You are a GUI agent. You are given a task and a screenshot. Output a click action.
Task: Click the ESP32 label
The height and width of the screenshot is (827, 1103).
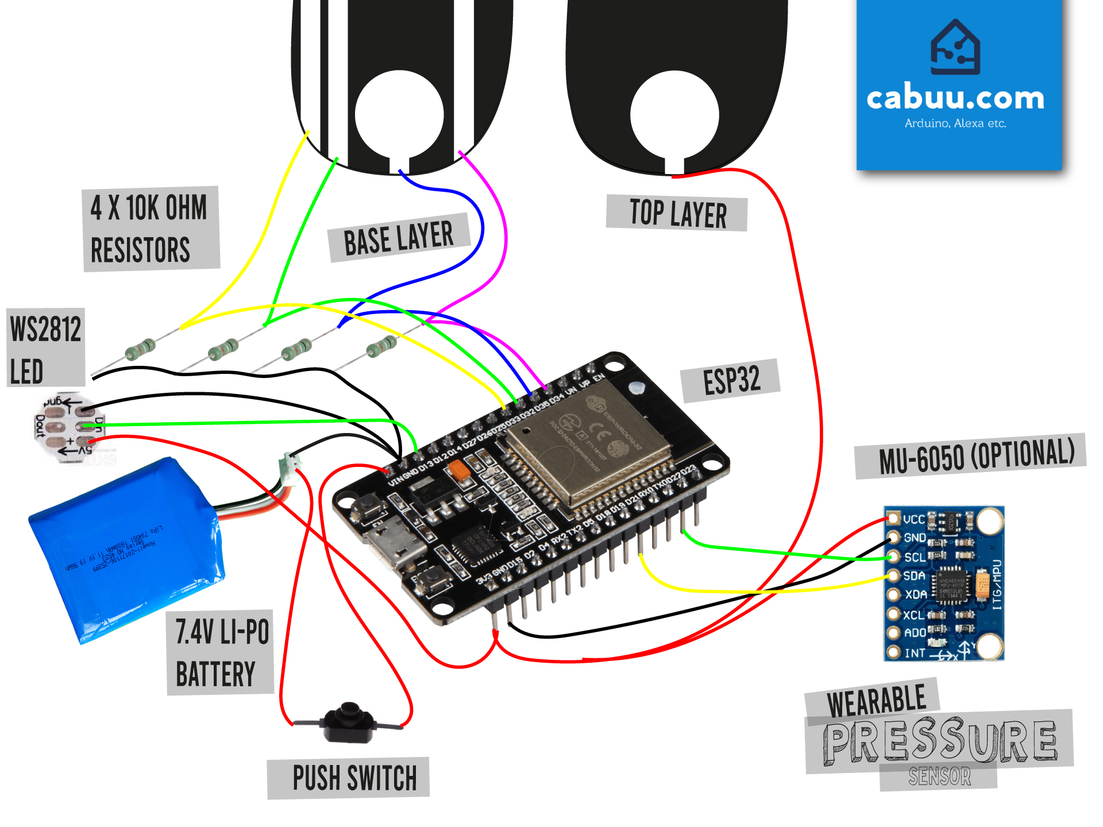point(731,380)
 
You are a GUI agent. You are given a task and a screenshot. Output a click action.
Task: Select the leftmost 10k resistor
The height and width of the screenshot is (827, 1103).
point(140,349)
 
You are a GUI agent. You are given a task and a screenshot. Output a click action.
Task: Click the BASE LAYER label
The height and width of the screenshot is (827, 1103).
point(399,238)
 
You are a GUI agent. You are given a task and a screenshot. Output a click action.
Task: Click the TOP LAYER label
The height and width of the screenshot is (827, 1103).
point(677,213)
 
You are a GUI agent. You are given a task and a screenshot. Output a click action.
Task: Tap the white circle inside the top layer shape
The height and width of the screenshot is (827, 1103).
point(674,115)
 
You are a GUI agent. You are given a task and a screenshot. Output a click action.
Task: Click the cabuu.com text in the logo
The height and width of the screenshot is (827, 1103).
point(955,98)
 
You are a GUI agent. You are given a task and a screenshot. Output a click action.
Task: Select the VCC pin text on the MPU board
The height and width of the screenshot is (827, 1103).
point(913,519)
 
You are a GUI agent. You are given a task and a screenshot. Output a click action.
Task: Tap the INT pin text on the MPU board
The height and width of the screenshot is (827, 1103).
point(915,653)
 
